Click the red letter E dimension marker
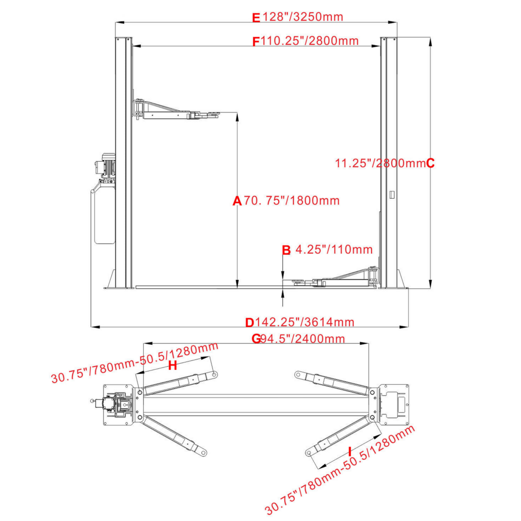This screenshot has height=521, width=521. pos(256,18)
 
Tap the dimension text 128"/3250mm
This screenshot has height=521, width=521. pos(303,17)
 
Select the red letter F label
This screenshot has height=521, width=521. pos(256,42)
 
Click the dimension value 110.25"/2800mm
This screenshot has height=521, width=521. pos(310,41)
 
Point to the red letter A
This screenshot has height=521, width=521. pos(237,201)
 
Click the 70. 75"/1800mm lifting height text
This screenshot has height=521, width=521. pos(292,200)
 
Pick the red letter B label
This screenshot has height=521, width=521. pos(286,250)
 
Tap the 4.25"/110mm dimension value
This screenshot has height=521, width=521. pos(334,250)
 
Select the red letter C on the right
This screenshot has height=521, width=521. pos(430,163)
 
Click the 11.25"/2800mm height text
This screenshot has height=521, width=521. pos(380,163)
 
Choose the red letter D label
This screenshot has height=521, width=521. pos(250,322)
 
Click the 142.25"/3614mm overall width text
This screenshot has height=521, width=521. pos(305,322)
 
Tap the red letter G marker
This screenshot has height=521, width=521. pos(256,339)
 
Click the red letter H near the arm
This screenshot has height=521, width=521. pos(173,366)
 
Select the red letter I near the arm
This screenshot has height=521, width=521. pos(349,451)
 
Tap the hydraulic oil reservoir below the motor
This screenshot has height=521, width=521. pos(103,215)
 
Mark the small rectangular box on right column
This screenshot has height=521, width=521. pos(392,195)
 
